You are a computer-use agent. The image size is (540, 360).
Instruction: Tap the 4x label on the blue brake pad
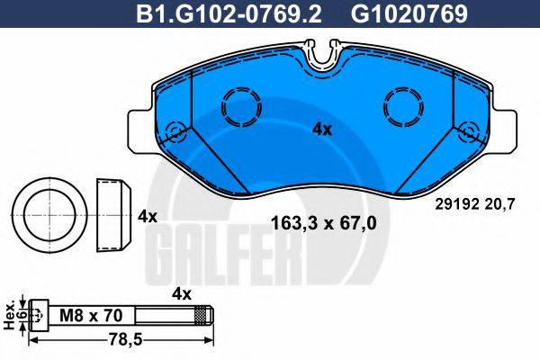tap(321, 130)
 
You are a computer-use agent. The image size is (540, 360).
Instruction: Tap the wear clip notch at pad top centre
tap(321, 56)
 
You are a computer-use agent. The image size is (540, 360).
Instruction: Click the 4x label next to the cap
tap(147, 217)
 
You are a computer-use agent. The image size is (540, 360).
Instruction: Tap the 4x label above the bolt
tap(183, 293)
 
